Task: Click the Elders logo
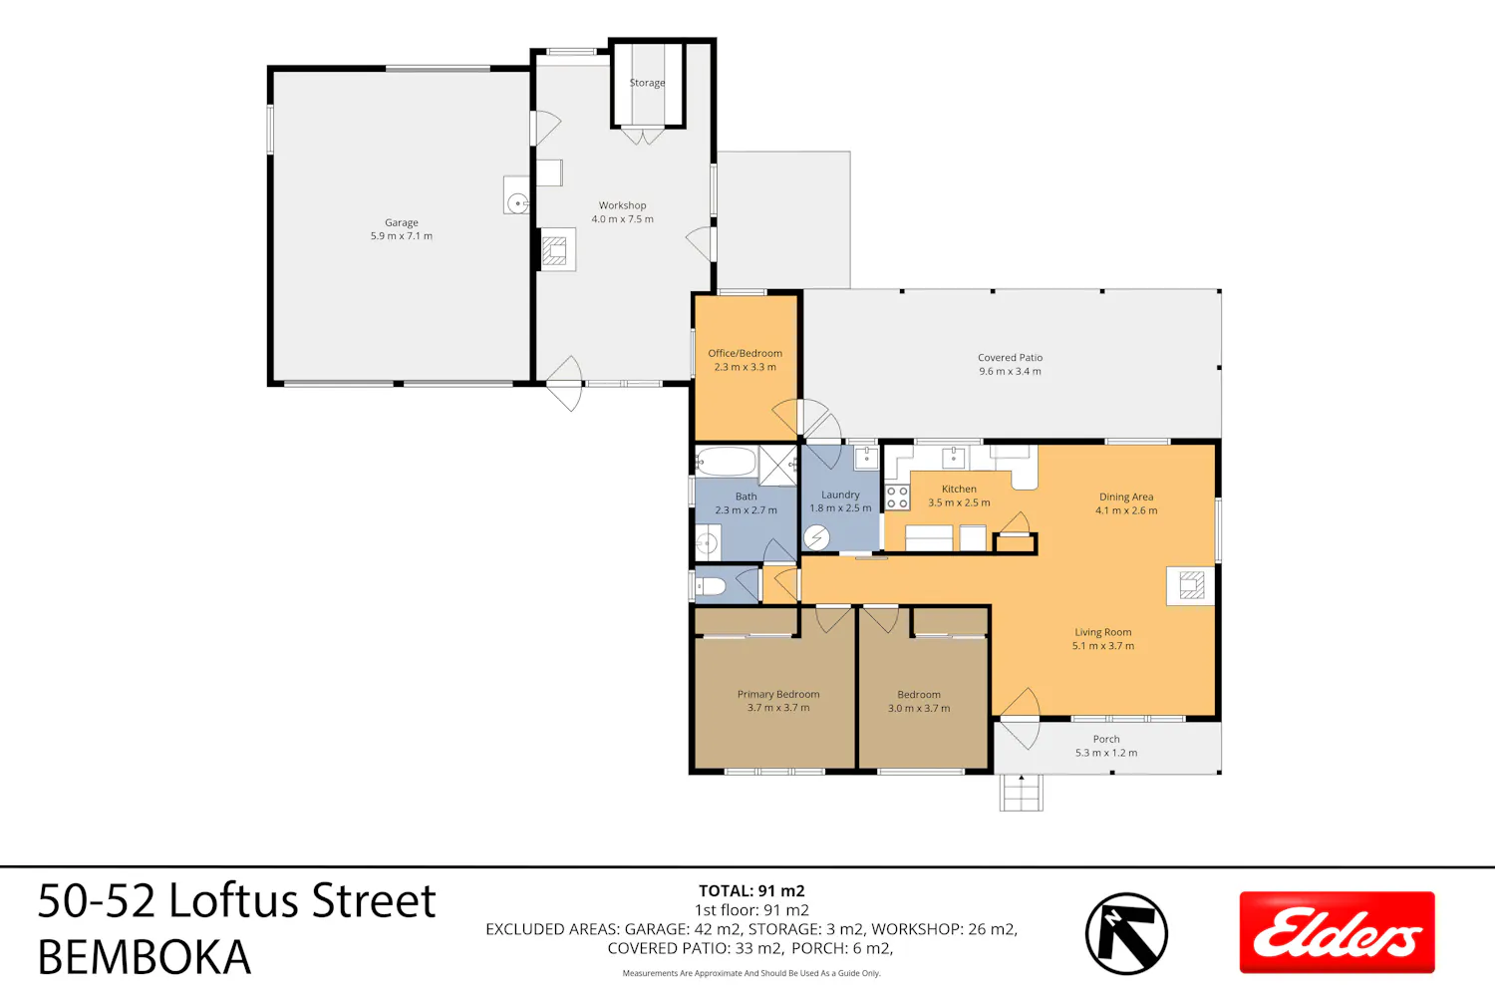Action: click(x=1337, y=932)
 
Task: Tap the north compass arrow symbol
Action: click(x=1126, y=933)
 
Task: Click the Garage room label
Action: click(x=401, y=222)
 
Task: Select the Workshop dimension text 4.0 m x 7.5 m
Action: click(x=622, y=219)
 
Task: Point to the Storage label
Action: click(x=647, y=83)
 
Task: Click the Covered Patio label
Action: click(x=1010, y=357)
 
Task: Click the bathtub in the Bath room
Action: click(x=726, y=462)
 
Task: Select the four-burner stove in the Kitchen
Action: click(x=897, y=498)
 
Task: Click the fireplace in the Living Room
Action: click(x=1191, y=586)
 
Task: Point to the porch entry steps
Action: click(x=1022, y=793)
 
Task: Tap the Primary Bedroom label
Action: click(x=778, y=695)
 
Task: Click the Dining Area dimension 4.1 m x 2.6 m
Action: click(x=1126, y=510)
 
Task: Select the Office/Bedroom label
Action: click(x=745, y=353)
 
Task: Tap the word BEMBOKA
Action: click(x=145, y=957)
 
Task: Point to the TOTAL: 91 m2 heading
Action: click(x=751, y=891)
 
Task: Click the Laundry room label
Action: click(x=840, y=495)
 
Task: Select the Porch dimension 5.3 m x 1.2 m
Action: click(x=1106, y=753)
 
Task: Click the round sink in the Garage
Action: click(x=517, y=202)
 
